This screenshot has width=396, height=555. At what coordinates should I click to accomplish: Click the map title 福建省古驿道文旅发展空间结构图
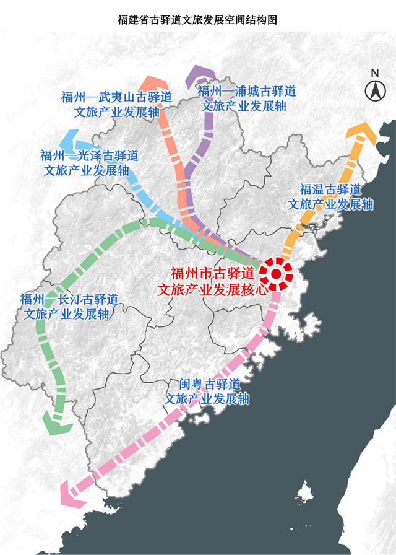click(197, 20)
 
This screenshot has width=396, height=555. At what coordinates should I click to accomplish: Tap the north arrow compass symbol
click(375, 91)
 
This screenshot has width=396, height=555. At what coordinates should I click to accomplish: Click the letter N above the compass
click(375, 73)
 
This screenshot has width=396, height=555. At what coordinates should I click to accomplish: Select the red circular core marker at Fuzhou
click(277, 273)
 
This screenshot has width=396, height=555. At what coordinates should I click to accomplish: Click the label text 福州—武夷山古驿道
click(116, 97)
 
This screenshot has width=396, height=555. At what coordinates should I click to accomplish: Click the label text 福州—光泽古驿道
click(89, 155)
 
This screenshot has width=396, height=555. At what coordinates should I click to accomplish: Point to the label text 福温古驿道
click(330, 190)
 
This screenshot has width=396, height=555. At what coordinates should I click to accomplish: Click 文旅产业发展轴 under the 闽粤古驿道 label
click(207, 399)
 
